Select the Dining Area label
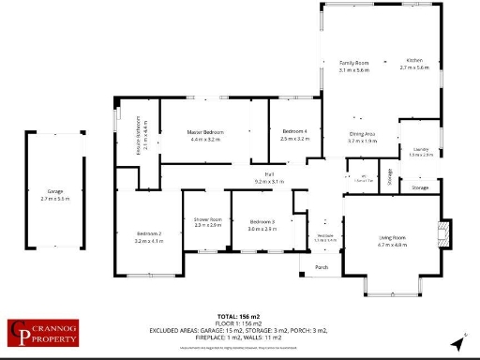[x=363, y=135]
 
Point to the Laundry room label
[x=421, y=149]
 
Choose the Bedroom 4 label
[x=294, y=132]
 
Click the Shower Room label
[x=207, y=219]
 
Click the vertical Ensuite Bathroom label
[x=139, y=133]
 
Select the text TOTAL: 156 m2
[x=241, y=317]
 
